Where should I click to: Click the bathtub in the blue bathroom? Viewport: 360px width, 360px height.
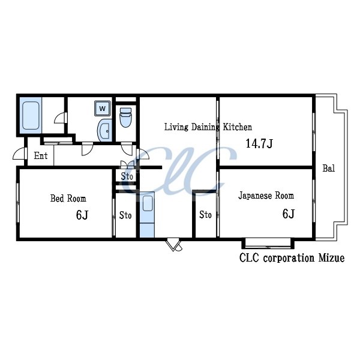coord(31,115)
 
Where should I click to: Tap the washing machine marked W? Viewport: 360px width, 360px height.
coord(103,108)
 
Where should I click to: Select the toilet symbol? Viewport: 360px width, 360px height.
coord(125,118)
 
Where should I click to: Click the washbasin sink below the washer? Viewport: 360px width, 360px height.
coord(104,130)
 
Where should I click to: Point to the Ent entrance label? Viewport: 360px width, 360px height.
coord(41,155)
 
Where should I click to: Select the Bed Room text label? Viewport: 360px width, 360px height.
coord(68,199)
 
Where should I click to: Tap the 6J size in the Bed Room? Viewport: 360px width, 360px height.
coord(82,215)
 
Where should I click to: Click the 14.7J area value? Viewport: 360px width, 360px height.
coord(259,143)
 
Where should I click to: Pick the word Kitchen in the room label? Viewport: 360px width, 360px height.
coord(238,127)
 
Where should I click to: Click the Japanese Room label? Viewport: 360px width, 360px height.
coord(266,196)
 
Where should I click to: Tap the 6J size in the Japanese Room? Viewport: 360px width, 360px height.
coord(289,214)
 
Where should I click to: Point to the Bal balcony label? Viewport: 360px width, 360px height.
coord(329,168)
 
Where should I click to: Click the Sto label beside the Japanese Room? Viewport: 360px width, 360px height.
coord(205,215)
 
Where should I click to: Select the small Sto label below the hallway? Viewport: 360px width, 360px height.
coord(127,176)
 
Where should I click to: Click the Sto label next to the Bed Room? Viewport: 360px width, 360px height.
coord(125,215)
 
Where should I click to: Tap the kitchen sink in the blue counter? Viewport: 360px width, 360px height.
coord(148,203)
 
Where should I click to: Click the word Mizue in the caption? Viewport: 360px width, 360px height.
coord(331,258)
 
